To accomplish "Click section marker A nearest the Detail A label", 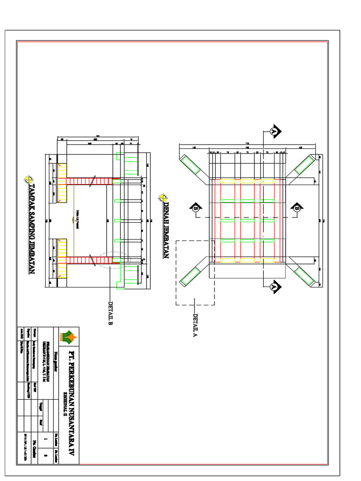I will [x=275, y=285].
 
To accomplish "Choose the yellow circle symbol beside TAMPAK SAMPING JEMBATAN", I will [x=29, y=179].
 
